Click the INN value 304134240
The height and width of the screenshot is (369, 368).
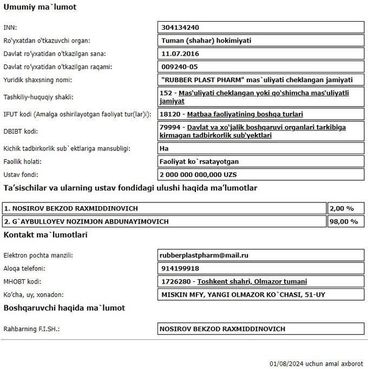point(178,27)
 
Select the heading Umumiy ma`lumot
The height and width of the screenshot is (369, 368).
point(40,8)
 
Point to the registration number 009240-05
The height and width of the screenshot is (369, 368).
point(180,67)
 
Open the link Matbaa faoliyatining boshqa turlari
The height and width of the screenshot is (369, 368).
point(245,114)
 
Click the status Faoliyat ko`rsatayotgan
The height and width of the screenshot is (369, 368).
point(200,161)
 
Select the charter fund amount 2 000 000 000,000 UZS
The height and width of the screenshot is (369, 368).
point(199,175)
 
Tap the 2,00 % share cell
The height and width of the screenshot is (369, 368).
point(343,208)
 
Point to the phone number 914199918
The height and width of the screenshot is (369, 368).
point(180,268)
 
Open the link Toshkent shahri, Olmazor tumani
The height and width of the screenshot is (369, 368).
point(252,281)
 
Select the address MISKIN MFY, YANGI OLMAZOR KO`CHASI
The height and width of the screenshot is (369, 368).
point(243,295)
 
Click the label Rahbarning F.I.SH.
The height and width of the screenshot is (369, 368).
point(31,328)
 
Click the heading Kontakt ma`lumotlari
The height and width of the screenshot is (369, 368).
point(45,235)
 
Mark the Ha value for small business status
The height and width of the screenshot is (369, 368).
point(165,148)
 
